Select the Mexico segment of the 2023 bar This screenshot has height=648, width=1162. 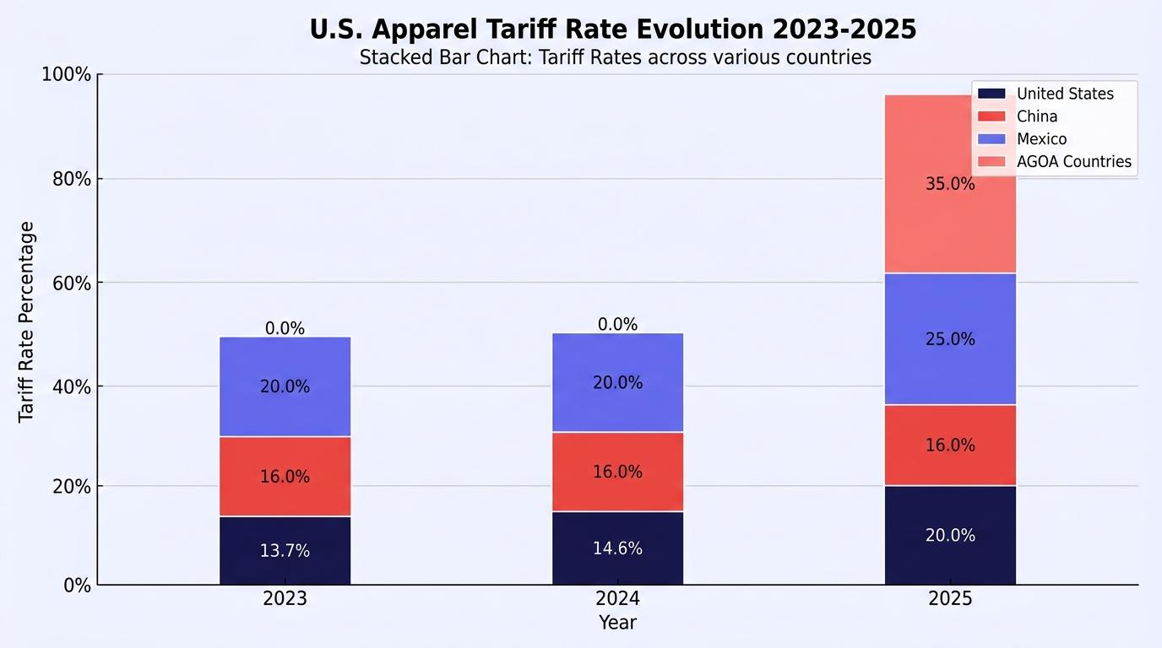pos(285,386)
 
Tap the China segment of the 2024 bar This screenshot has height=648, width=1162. pos(617,472)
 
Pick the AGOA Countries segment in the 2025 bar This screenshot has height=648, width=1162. pos(950,184)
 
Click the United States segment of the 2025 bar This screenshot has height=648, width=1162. pos(950,536)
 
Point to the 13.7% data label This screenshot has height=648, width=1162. pos(285,550)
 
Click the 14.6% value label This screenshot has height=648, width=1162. pos(617,548)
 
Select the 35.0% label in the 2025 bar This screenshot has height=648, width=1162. pos(950,184)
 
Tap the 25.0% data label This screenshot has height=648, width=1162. pos(950,339)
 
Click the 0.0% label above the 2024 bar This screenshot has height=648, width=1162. pos(617,325)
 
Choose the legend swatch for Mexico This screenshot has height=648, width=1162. pos(991,139)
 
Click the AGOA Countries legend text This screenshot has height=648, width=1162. pos(1074,162)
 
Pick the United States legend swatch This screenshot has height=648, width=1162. pos(991,94)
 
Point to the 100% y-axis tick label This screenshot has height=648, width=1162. pos(67,74)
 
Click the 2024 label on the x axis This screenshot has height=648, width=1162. pos(617,599)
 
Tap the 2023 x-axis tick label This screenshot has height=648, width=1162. pos(285,599)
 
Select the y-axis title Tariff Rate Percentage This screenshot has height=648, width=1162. pos(26,322)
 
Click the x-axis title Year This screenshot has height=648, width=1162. pos(617,622)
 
